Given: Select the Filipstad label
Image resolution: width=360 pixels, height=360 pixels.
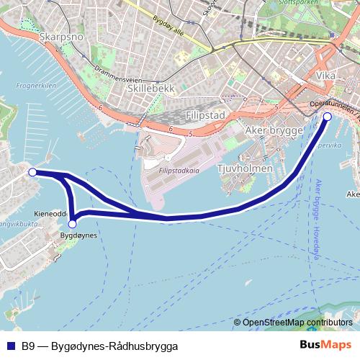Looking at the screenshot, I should [x=206, y=115].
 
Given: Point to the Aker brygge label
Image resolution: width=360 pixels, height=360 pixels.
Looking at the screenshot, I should [x=271, y=130].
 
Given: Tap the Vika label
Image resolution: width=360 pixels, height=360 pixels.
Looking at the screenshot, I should [x=325, y=76].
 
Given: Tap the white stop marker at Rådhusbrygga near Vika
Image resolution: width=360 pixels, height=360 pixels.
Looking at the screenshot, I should [x=328, y=116].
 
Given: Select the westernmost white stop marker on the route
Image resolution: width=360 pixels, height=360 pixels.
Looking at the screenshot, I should [x=32, y=172].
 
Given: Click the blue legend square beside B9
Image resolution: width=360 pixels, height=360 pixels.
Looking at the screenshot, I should [x=11, y=345].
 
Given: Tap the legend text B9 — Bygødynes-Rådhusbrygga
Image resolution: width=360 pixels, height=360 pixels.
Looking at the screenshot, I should [x=99, y=346].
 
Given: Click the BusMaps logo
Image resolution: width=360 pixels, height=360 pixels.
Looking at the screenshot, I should [x=325, y=345].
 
